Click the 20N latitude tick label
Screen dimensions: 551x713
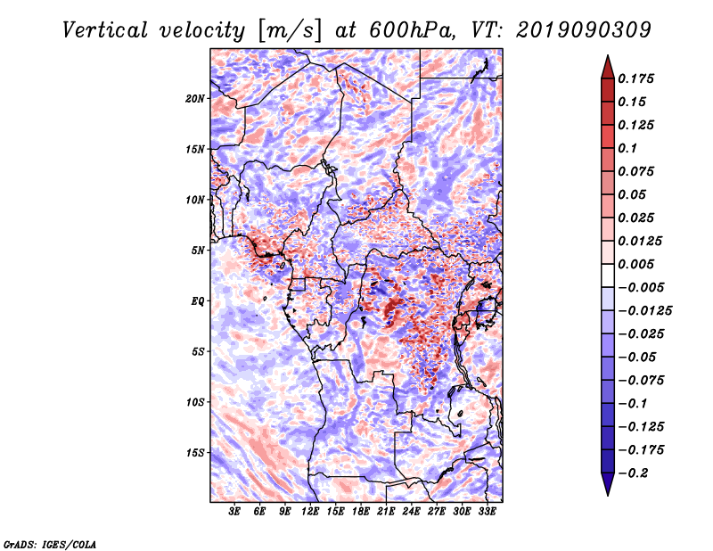(195, 98)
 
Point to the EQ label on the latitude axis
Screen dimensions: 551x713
(198, 301)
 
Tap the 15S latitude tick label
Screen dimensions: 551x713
(195, 453)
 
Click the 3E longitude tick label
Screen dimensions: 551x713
(235, 512)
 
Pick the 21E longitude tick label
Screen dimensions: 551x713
(387, 512)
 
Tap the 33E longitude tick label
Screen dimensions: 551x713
(488, 512)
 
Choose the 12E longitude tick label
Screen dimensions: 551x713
(311, 512)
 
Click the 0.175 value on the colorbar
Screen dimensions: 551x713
(640, 78)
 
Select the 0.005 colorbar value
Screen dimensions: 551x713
(640, 265)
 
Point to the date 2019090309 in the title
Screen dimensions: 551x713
(582, 29)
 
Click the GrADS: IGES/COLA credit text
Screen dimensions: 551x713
(49, 543)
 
